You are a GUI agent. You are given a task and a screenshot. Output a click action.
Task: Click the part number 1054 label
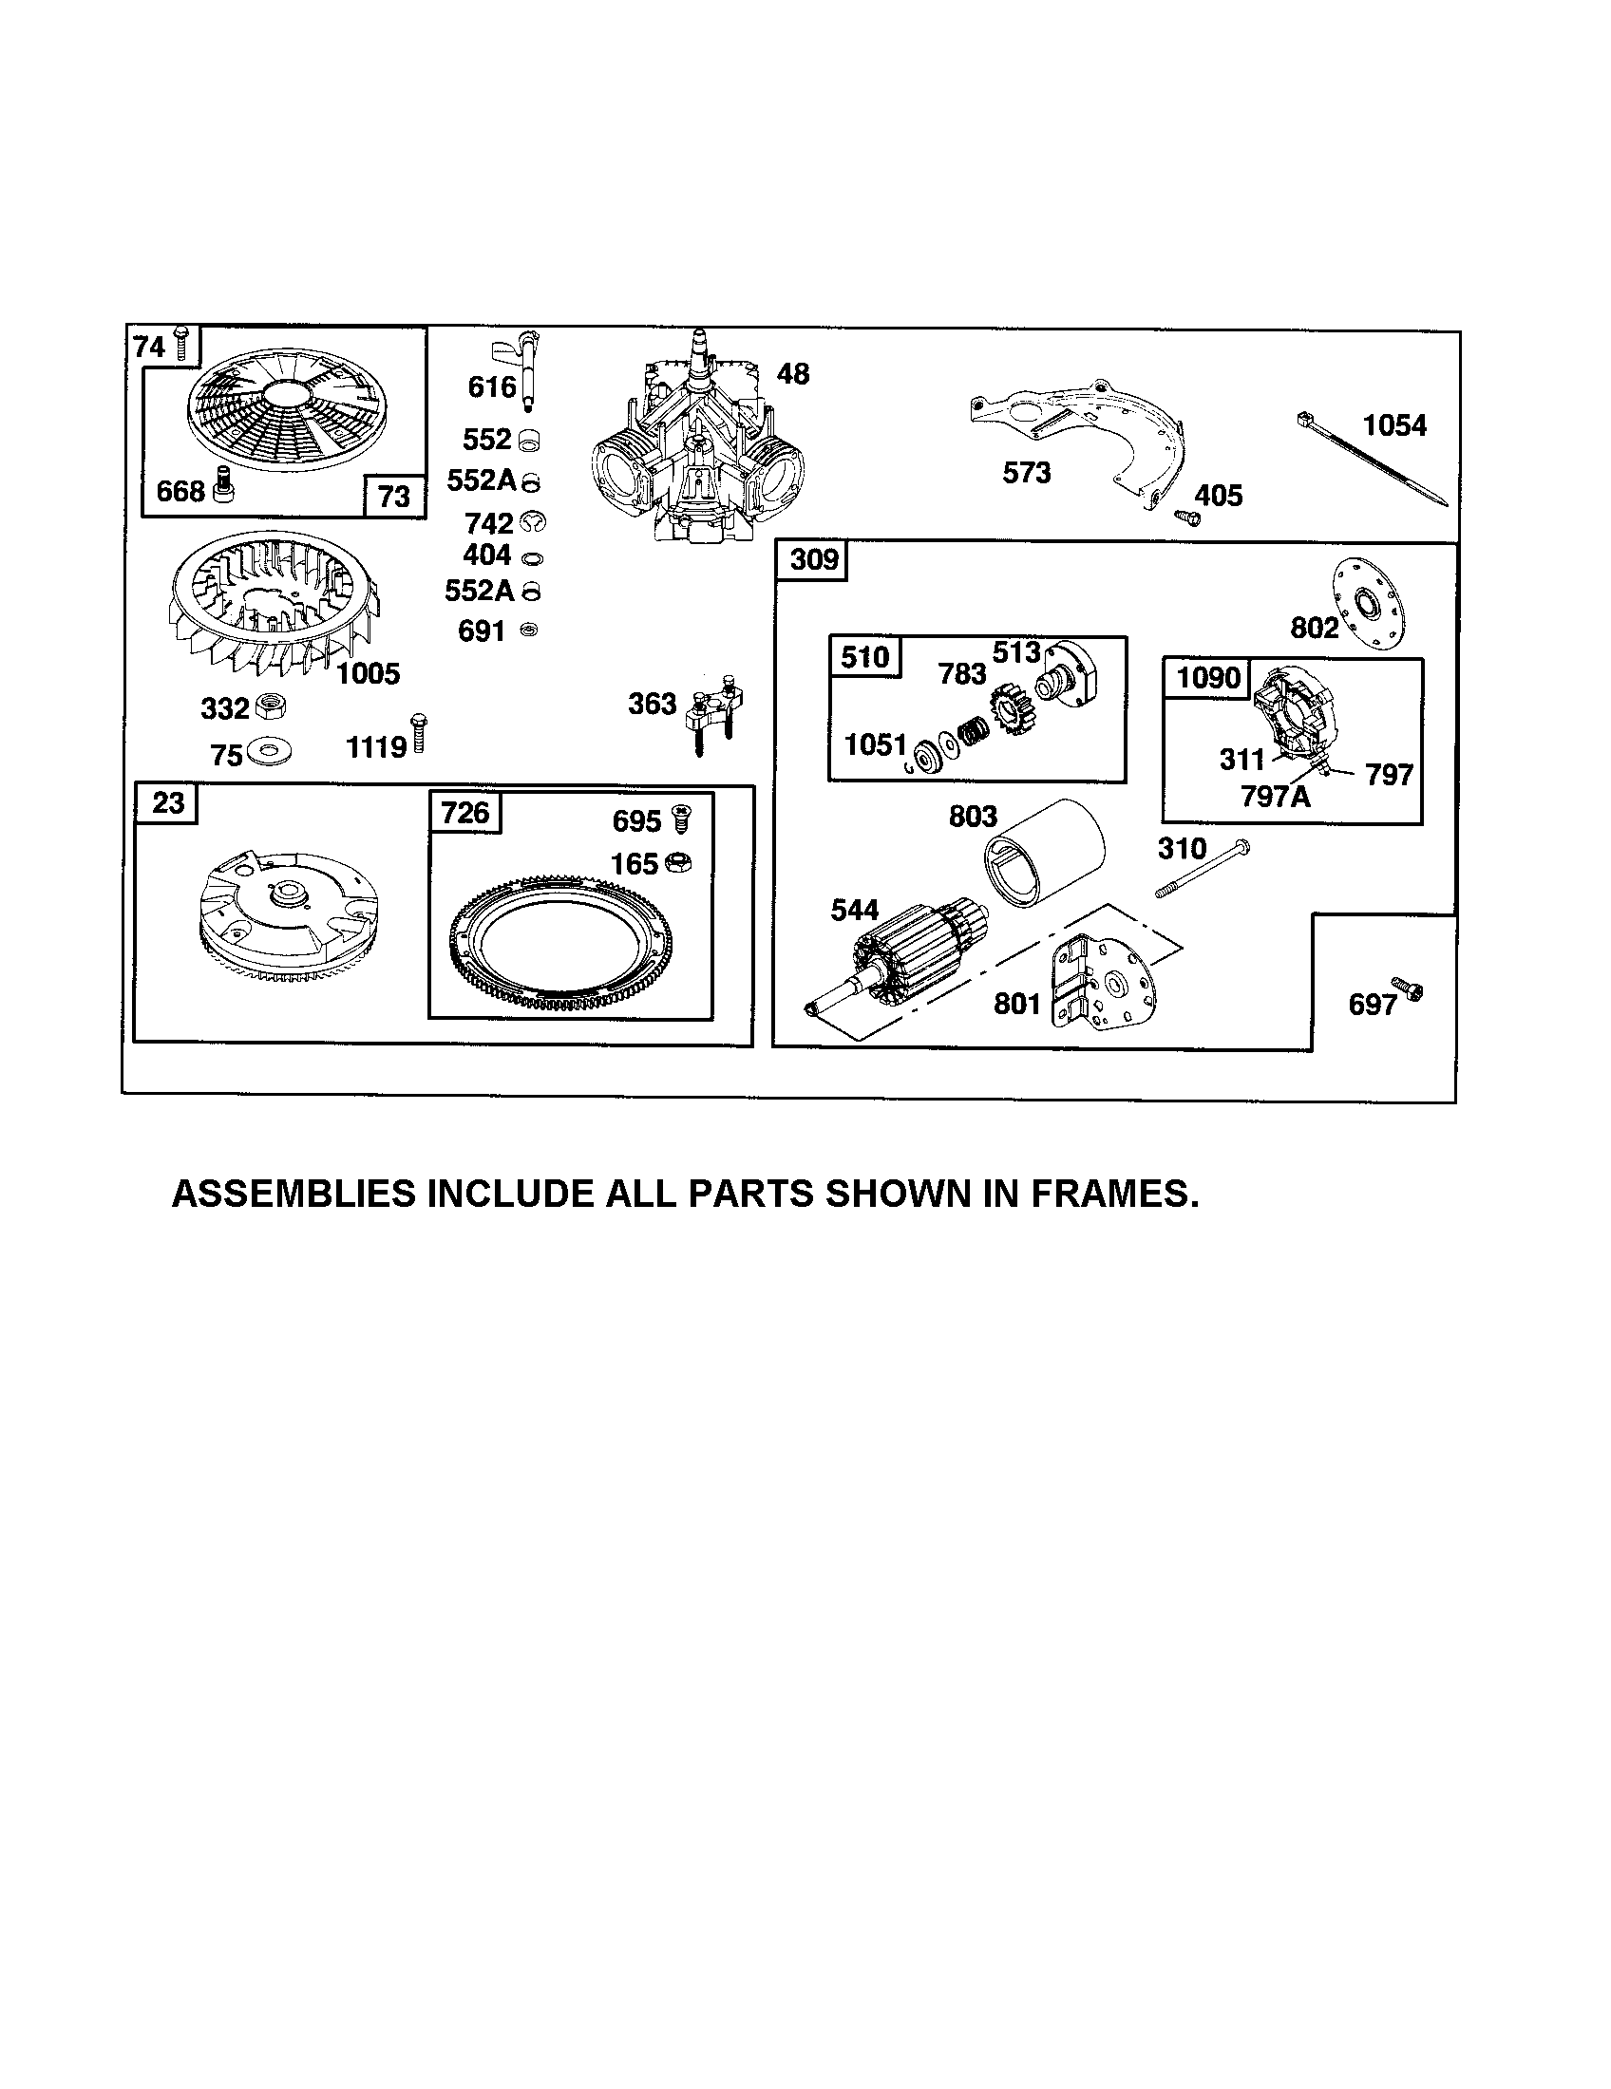[x=1393, y=425]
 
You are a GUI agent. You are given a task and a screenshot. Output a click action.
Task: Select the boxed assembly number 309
[x=813, y=558]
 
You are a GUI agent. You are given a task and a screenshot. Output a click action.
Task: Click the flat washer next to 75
[x=269, y=752]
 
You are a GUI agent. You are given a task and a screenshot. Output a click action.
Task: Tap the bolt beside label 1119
[x=418, y=734]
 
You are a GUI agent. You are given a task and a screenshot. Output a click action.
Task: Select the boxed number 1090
[x=1207, y=677]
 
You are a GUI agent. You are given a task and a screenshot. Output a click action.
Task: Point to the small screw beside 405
[x=1186, y=516]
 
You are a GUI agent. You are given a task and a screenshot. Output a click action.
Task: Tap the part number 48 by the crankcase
[x=792, y=374]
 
